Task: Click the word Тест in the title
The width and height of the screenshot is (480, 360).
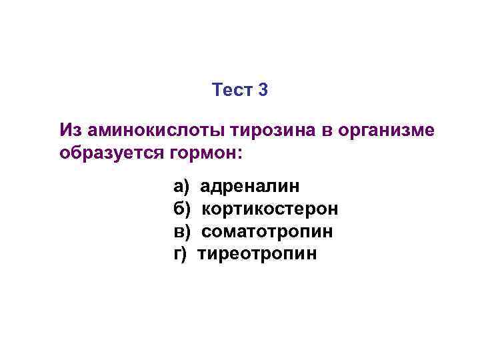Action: coord(231,89)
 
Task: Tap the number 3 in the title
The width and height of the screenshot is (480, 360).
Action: coord(262,89)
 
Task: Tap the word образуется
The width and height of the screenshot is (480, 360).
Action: coord(109,153)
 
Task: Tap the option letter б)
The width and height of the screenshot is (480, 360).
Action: coord(182,209)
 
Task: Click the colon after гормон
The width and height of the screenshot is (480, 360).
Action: coord(241,154)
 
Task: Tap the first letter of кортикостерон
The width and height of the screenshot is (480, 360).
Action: coord(207,210)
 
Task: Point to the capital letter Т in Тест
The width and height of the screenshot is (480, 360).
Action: coord(217,89)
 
